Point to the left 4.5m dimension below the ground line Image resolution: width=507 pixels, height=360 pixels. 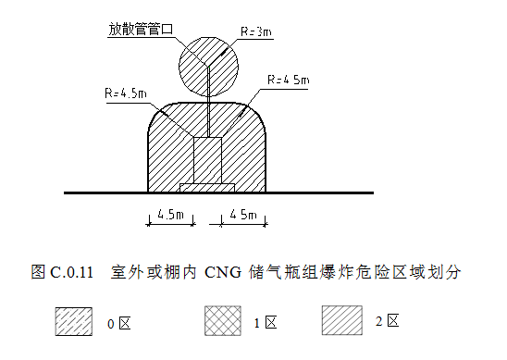pyautogui.click(x=169, y=215)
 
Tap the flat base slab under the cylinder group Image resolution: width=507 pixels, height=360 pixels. pyautogui.click(x=207, y=189)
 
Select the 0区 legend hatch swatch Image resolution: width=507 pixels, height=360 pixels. pyautogui.click(x=75, y=320)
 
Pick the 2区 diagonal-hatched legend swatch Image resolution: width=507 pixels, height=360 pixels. pyautogui.click(x=341, y=320)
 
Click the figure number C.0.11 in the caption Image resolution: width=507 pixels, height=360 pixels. pyautogui.click(x=72, y=273)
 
